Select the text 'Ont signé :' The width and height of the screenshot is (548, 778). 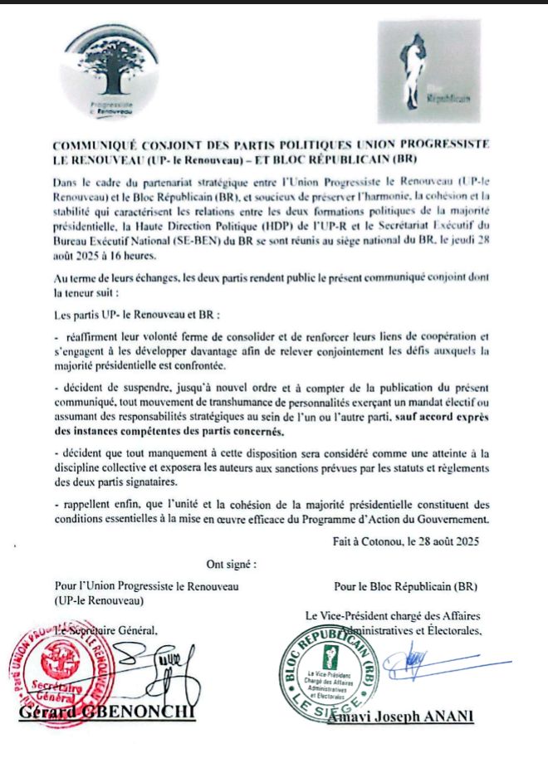pyautogui.click(x=232, y=565)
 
